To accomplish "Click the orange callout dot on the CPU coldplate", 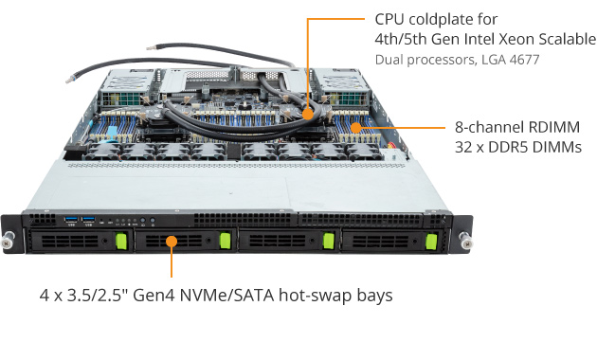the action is pos(307,115).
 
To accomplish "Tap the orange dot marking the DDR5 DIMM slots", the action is pos(356,128).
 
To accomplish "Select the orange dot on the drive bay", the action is pos(172,242).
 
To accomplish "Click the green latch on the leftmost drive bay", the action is pos(121,242).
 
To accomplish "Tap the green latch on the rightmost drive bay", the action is pos(431,242).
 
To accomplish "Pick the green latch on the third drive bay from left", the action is pos(329,242).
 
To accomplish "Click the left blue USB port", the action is pos(71,219).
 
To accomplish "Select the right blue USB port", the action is pos(88,219).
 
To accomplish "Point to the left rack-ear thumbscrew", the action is pos(8,240).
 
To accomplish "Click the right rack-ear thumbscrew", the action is pos(465,240).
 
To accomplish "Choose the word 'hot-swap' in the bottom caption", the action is pos(315,296).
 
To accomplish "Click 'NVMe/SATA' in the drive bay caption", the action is pos(226,296).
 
